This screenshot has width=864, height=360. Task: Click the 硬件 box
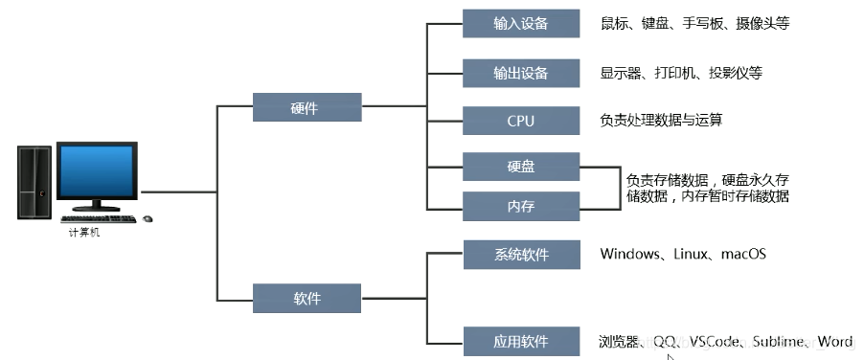tap(307, 107)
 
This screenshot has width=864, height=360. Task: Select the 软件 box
tap(307, 299)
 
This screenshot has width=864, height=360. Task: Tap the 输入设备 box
tap(520, 23)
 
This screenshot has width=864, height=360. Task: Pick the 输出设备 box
tap(520, 73)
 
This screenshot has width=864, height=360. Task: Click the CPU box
tap(520, 121)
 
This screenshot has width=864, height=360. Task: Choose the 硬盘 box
tap(520, 167)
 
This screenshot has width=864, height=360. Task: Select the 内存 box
tap(520, 205)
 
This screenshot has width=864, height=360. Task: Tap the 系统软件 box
tap(520, 255)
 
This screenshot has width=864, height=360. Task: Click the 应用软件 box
tap(520, 340)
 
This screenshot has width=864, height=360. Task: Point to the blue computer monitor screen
tap(97, 172)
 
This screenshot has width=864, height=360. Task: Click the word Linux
tap(692, 255)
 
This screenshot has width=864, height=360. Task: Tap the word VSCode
tap(713, 341)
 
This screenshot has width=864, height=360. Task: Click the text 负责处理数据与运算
tap(660, 121)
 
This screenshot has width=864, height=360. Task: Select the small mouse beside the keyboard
tap(148, 219)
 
